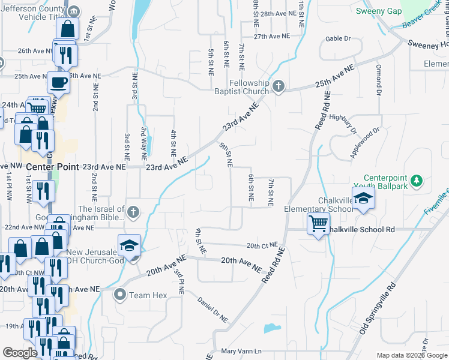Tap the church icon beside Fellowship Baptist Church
pyautogui.click(x=277, y=86)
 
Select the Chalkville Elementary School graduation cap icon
pyautogui.click(x=363, y=200)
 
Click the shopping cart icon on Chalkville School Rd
pyautogui.click(x=318, y=224)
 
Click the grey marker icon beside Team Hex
pyautogui.click(x=120, y=295)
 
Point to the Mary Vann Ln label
pyautogui.click(x=242, y=351)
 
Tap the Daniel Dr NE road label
pyautogui.click(x=214, y=312)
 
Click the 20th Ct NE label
pyautogui.click(x=262, y=245)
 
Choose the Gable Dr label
pyautogui.click(x=337, y=38)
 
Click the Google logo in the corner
pyautogui.click(x=20, y=353)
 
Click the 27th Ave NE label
pyautogui.click(x=271, y=36)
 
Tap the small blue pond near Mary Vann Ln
pyautogui.click(x=271, y=328)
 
